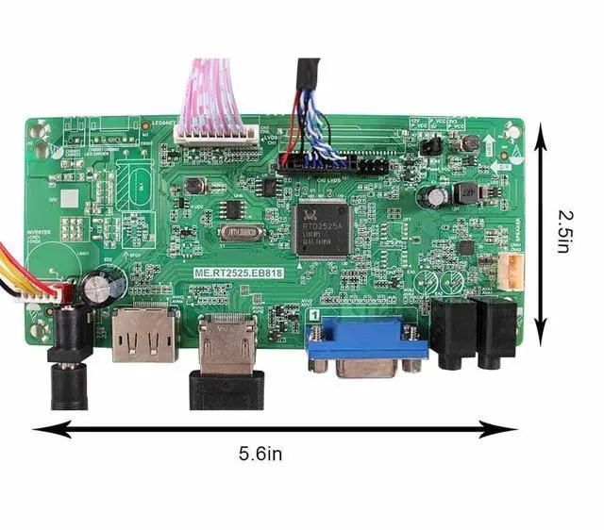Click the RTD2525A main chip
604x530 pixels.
pyautogui.click(x=324, y=228)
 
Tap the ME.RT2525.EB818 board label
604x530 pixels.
pyautogui.click(x=238, y=273)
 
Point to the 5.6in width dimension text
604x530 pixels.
pyautogui.click(x=260, y=455)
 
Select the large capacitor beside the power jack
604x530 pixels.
pyautogui.click(x=104, y=285)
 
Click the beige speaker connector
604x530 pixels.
pyautogui.click(x=510, y=273)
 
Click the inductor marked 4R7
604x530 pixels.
pyautogui.click(x=464, y=192)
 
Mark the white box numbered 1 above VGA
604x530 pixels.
pyautogui.click(x=311, y=318)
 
